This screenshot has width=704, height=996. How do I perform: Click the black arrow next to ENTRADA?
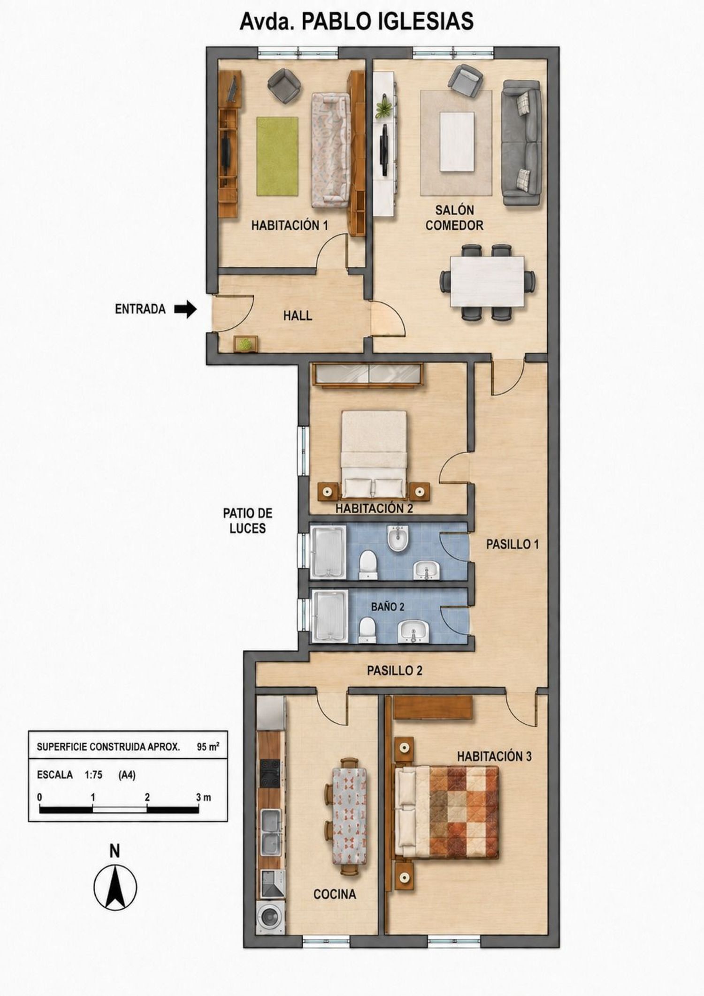tap(185, 309)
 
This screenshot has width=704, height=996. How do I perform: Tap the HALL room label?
tap(298, 316)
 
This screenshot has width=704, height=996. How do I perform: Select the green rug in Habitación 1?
tap(277, 156)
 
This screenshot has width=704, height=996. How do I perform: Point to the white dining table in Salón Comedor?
tap(487, 281)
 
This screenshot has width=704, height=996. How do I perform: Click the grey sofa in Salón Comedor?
tap(521, 143)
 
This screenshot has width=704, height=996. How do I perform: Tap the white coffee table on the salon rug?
tap(457, 142)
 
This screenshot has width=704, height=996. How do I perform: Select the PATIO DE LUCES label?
tap(247, 521)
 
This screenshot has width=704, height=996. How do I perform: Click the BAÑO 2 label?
tap(388, 607)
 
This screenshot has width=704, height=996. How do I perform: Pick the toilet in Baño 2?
tap(367, 630)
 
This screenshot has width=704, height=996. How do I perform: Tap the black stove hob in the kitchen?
tap(270, 774)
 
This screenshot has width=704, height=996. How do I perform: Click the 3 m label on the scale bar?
tap(204, 797)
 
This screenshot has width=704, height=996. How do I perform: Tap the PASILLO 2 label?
tap(394, 670)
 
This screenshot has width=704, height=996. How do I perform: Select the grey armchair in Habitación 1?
tap(284, 85)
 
